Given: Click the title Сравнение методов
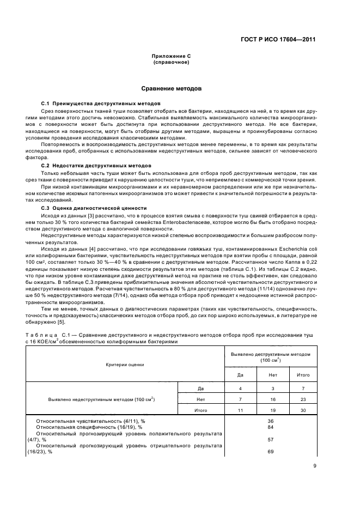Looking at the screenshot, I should coord(171,87).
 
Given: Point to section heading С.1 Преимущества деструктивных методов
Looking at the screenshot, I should coord(101,102).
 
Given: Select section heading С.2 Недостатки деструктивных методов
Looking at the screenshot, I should coord(97,165).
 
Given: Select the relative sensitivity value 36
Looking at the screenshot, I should coord(270,421).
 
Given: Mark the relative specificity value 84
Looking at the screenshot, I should coord(270,427).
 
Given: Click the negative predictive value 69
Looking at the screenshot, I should coord(270,452).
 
